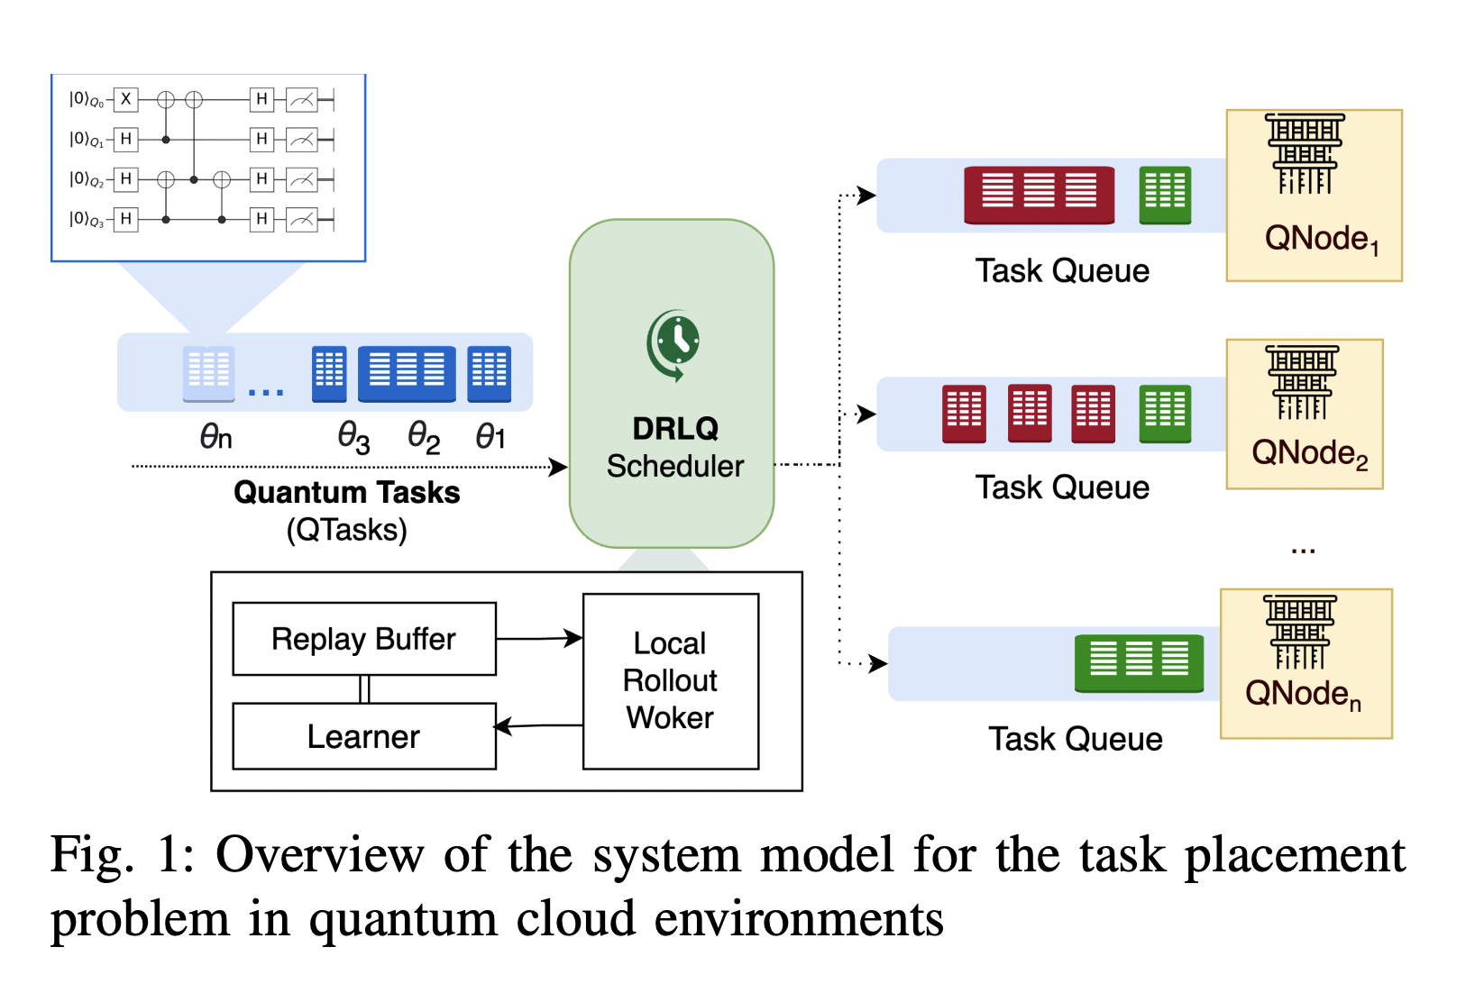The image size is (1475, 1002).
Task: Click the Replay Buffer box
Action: click(363, 639)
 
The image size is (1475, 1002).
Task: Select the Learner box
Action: click(363, 736)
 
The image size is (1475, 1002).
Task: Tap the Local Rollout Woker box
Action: click(670, 680)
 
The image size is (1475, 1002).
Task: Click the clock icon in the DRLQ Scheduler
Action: click(675, 342)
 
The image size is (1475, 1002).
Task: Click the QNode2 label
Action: click(1309, 453)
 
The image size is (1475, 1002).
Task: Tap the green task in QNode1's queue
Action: click(1165, 194)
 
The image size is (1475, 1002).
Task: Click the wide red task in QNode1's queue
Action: click(1039, 194)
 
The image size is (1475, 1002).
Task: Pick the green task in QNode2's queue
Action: click(1165, 413)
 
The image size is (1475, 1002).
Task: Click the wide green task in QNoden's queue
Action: click(1139, 662)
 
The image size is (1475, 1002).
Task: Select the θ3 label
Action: click(353, 438)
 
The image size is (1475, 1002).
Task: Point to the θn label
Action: click(215, 438)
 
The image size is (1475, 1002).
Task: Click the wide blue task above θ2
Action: click(407, 372)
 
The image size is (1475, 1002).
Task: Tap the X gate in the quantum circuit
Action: click(126, 99)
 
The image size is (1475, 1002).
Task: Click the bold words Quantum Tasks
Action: click(346, 493)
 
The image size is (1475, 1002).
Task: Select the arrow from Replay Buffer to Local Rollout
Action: click(539, 639)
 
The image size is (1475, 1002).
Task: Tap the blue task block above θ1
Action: click(489, 372)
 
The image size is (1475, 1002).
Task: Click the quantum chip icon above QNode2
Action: click(1302, 381)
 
